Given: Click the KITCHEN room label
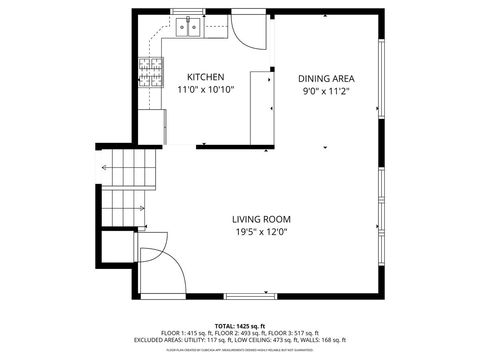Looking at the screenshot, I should click(x=206, y=77).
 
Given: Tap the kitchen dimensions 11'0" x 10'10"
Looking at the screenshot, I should click(x=206, y=90).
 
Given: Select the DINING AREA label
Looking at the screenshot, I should click(x=326, y=78).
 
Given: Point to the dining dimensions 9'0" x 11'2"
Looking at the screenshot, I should click(x=326, y=91).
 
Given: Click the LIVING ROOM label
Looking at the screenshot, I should click(x=261, y=219).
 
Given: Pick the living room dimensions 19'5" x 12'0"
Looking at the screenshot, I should click(x=261, y=232).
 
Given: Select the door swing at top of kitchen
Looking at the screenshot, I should click(x=248, y=29).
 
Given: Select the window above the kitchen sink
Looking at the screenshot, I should click(x=188, y=13).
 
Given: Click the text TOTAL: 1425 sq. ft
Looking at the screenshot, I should click(x=240, y=325).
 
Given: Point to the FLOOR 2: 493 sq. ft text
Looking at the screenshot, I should click(x=239, y=333).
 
